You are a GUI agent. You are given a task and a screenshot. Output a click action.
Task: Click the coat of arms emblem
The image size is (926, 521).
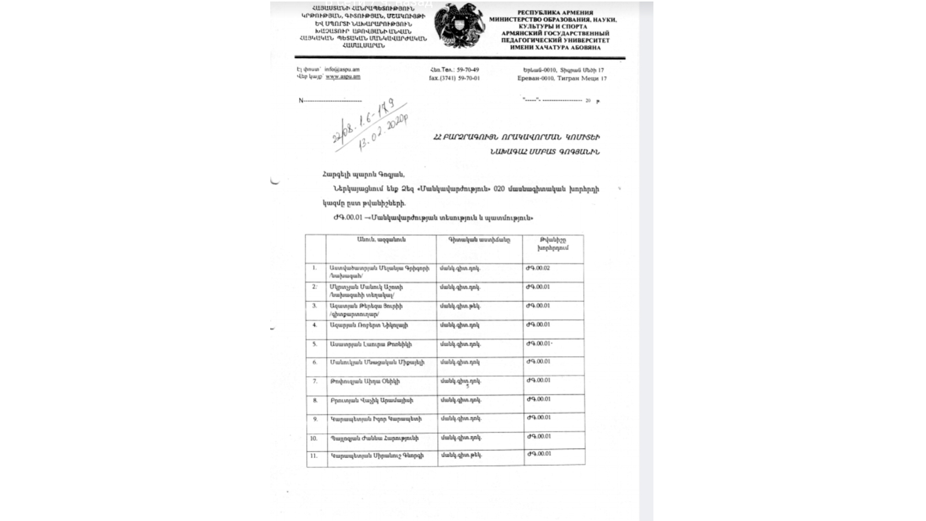(459, 26)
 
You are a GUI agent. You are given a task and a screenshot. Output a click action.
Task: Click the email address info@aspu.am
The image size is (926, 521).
(342, 69)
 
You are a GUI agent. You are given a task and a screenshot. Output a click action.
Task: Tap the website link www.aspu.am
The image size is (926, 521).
(343, 77)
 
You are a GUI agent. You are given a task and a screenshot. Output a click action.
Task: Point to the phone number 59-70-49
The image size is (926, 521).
(468, 70)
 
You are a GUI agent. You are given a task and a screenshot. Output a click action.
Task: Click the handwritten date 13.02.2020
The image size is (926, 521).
(383, 133)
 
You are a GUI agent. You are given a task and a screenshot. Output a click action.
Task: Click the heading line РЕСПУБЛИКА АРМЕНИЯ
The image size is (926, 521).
(555, 13)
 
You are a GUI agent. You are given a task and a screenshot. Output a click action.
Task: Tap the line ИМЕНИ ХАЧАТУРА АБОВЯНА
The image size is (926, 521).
(555, 47)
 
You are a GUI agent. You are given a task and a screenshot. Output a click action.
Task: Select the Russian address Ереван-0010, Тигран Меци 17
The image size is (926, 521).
(562, 78)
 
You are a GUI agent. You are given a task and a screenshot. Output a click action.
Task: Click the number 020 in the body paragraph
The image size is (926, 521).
(499, 189)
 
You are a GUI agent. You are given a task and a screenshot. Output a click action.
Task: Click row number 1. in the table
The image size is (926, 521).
(314, 268)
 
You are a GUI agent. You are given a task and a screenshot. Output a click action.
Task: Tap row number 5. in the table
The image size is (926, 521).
(315, 344)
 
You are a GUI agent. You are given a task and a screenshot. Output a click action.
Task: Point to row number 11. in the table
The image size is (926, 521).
(314, 456)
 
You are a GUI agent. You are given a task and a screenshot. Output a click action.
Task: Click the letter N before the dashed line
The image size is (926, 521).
(301, 101)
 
